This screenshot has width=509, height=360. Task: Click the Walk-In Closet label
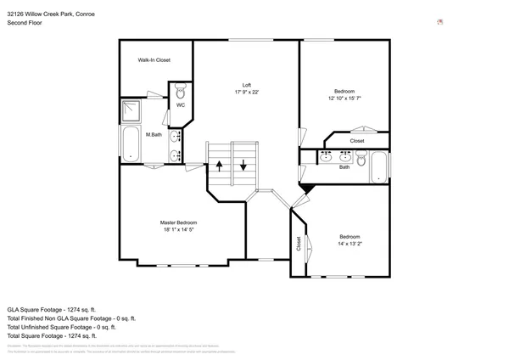click(x=154, y=60)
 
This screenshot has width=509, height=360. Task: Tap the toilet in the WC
click(x=180, y=90)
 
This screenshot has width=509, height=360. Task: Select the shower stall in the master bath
click(x=131, y=110)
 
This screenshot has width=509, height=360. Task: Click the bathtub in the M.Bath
click(x=131, y=144)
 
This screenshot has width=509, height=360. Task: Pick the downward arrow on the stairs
click(x=243, y=166)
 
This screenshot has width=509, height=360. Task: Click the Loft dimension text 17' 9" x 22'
click(x=247, y=92)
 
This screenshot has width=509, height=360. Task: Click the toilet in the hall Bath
click(x=361, y=158)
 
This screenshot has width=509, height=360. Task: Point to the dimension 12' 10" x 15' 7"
click(x=344, y=98)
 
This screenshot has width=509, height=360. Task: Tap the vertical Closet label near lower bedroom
click(x=299, y=244)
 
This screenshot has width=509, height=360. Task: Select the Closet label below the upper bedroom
click(x=357, y=141)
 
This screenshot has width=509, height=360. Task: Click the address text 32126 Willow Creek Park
click(x=48, y=13)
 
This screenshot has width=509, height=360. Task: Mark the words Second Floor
click(x=25, y=23)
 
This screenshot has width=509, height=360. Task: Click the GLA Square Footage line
click(x=51, y=309)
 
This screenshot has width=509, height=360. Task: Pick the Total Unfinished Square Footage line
click(x=61, y=327)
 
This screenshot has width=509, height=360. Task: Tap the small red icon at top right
click(x=439, y=22)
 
